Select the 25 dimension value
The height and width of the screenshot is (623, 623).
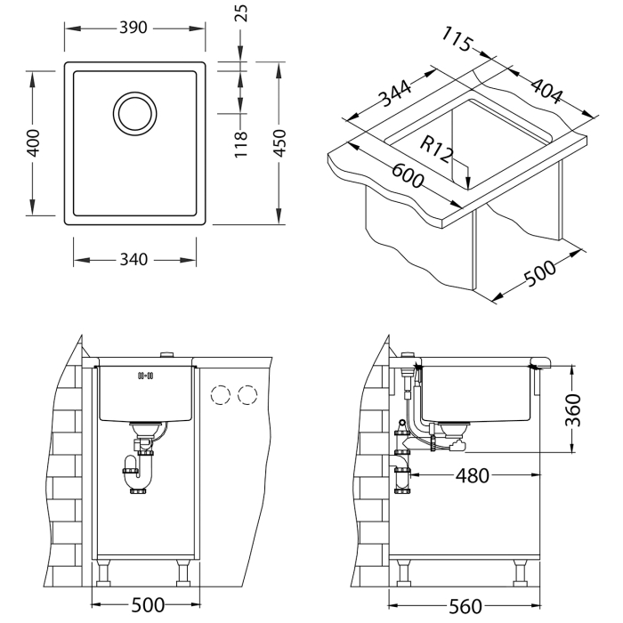(240, 12)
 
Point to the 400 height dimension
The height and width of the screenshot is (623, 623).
(33, 143)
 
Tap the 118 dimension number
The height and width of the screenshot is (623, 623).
(240, 142)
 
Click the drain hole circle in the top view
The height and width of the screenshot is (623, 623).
(135, 114)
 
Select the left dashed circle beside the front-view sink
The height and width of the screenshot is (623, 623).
(220, 394)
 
